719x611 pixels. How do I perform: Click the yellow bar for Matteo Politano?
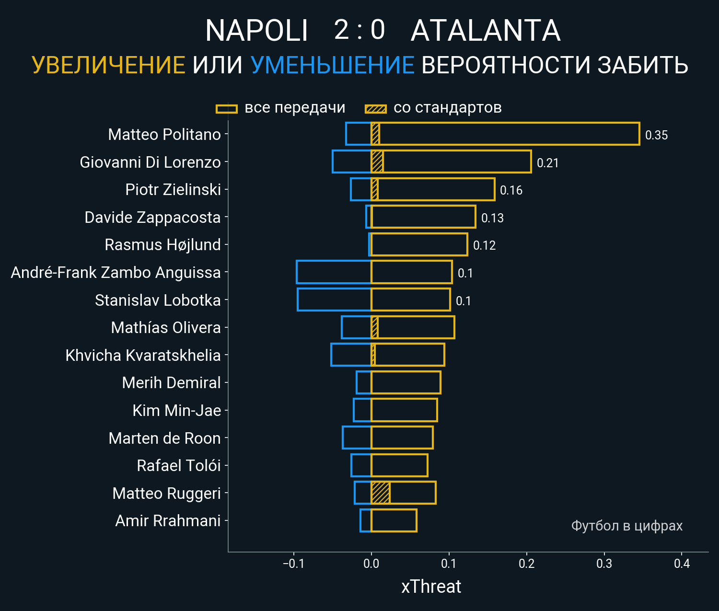tap(508, 134)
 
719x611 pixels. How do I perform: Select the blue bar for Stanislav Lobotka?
tap(334, 300)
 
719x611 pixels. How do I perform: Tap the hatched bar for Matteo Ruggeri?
tap(381, 493)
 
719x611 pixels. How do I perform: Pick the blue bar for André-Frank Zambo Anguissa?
tap(334, 272)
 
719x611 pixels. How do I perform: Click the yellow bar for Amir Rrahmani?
tap(394, 520)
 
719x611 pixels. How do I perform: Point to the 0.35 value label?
tap(656, 136)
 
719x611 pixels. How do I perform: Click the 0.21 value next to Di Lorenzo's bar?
tap(547, 163)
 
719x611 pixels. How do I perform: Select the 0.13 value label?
tap(492, 219)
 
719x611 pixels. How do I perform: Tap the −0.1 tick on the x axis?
tap(293, 564)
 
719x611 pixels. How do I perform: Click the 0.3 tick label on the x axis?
tap(604, 564)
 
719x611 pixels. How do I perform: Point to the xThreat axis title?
tap(431, 587)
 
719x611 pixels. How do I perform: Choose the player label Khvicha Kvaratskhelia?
tap(143, 356)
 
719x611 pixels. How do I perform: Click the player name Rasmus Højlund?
tap(162, 245)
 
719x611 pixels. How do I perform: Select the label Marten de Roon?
tap(164, 438)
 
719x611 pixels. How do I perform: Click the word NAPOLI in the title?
tap(256, 31)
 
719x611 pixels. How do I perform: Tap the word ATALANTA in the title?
tap(486, 31)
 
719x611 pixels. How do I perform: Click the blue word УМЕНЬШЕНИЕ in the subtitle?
tap(332, 65)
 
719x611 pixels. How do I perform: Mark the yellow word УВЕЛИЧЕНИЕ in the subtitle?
tap(108, 65)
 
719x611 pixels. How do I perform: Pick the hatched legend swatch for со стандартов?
tap(375, 109)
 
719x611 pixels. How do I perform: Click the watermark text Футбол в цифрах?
tap(626, 526)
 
